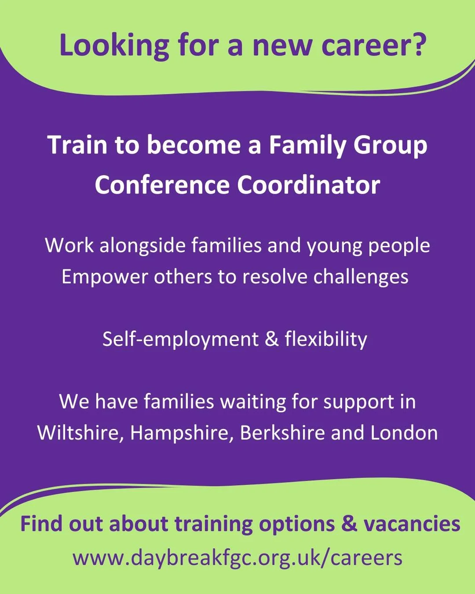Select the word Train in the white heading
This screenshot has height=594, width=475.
[77, 145]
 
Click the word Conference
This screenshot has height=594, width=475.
[162, 185]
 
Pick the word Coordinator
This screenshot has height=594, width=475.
[308, 185]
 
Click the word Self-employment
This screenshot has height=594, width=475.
[180, 340]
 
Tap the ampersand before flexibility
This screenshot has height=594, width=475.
[272, 339]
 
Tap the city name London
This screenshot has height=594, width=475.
[404, 433]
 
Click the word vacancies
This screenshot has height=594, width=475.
[412, 524]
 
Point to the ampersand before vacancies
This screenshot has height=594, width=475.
[349, 523]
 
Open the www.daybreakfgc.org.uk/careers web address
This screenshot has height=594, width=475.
[237, 558]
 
